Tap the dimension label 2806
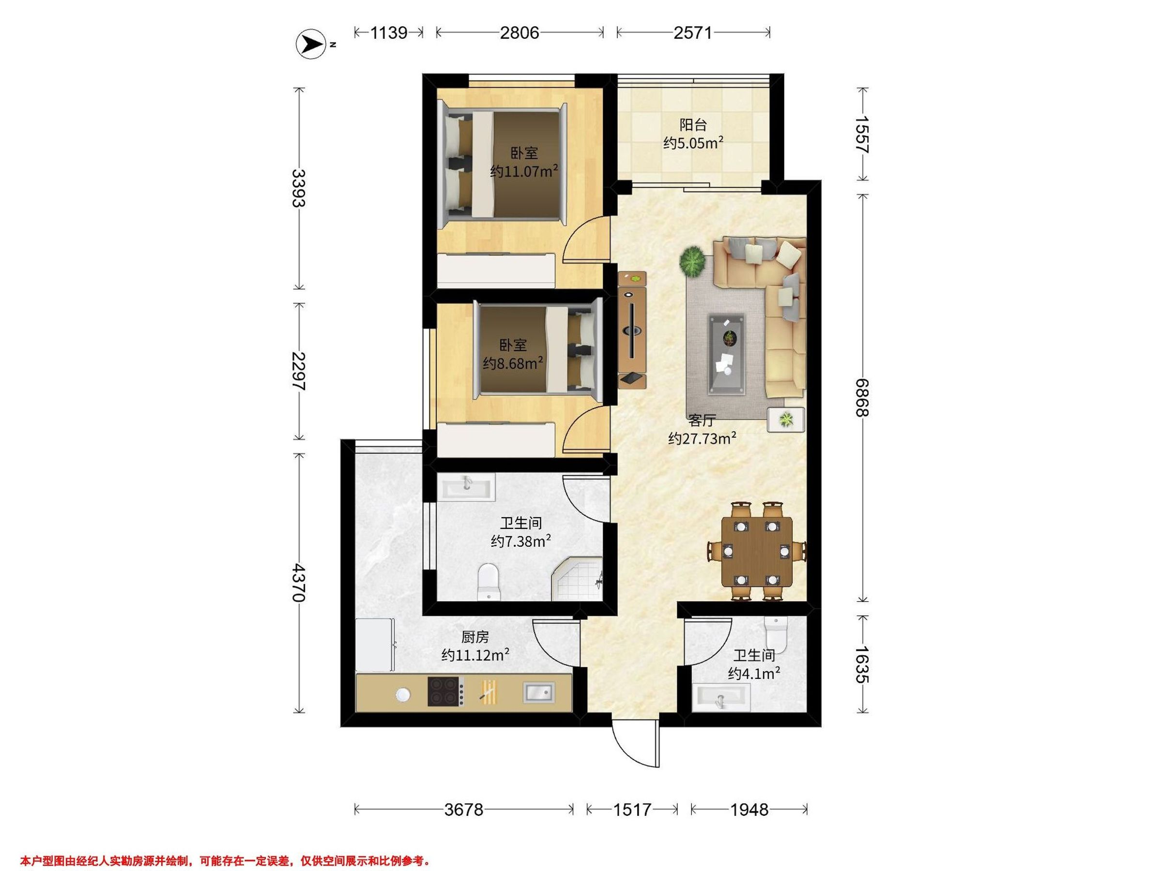(519, 33)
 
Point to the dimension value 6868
(861, 397)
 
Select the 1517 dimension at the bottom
(632, 809)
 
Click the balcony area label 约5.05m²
(693, 143)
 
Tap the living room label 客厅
(703, 420)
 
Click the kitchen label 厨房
(475, 637)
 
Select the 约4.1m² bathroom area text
(754, 673)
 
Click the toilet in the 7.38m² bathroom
(489, 582)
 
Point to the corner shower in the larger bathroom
(577, 579)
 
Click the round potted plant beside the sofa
(693, 261)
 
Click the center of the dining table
(756, 552)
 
